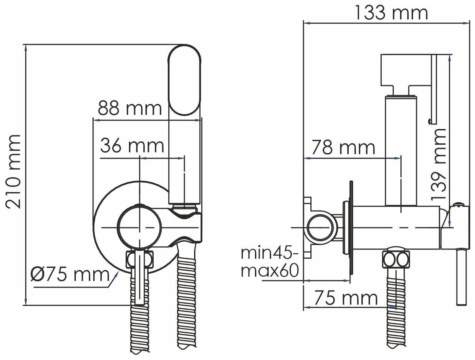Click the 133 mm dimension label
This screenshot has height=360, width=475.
(x=391, y=13)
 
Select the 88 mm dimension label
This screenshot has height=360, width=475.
(x=130, y=108)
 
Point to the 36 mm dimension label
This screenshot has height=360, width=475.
(x=132, y=146)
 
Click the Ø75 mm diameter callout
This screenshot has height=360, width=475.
(x=70, y=275)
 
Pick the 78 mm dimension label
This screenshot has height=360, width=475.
(x=344, y=147)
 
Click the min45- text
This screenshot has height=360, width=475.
(x=270, y=253)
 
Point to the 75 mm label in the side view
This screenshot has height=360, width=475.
(x=346, y=298)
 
